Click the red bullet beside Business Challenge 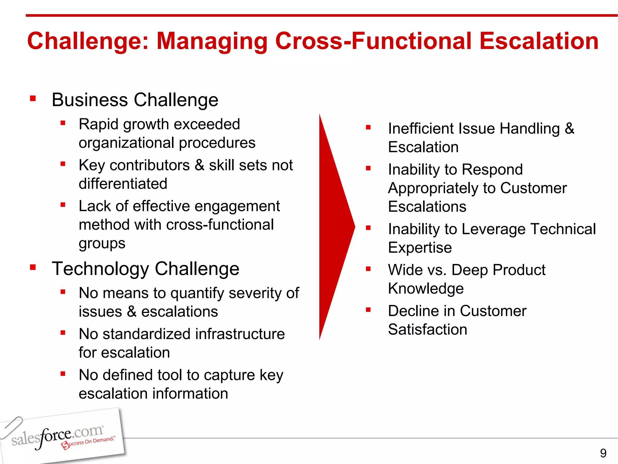click(33, 98)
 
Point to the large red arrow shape click(335, 227)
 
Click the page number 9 click(603, 453)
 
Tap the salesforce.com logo click(57, 437)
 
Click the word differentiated click(123, 184)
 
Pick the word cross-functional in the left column click(220, 225)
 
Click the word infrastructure click(240, 334)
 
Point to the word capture click(229, 375)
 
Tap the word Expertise click(420, 248)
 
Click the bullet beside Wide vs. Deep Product click(368, 269)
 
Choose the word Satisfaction click(427, 330)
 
